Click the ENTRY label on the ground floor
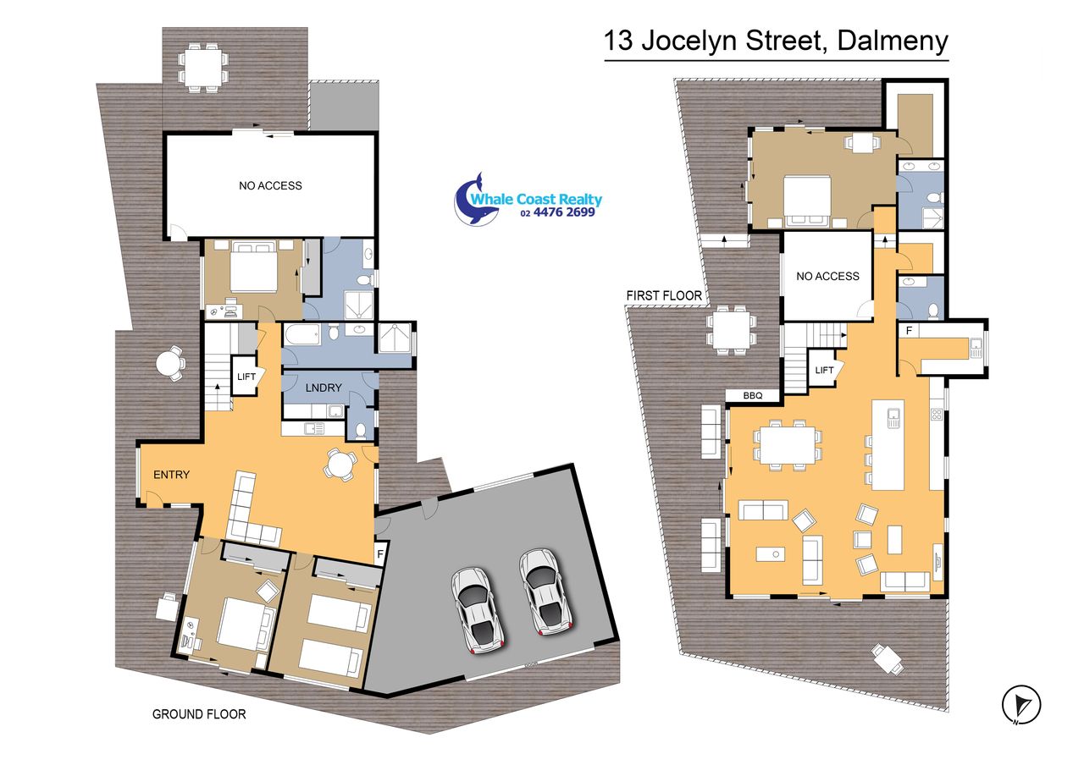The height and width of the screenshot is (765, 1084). pos(171,475)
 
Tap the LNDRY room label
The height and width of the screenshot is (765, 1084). pos(324,388)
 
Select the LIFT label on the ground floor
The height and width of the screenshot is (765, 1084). pos(246,377)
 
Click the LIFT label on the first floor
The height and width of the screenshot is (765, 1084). pos(824,371)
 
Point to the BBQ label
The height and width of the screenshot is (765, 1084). pos(753,395)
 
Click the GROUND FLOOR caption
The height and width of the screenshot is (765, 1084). pos(199,714)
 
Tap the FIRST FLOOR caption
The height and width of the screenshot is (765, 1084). pos(664,295)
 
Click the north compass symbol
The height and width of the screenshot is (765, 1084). pos(1021,705)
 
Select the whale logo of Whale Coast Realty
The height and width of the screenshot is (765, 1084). pos(477,199)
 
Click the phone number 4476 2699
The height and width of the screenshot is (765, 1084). pos(564,212)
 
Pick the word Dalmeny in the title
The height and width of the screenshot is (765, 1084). pos(893,41)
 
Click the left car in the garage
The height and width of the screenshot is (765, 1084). pos(478,610)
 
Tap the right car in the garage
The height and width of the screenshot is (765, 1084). pos(545,591)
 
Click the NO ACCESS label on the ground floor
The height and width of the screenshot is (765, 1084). pos(270,185)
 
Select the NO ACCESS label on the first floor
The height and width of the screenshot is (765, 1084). pos(827,276)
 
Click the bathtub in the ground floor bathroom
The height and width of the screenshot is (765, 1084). pos(302,334)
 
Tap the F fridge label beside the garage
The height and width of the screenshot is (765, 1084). pos(380,553)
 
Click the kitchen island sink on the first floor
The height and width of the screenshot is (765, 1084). pos(893,417)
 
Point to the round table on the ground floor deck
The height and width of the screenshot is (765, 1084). pos(168,363)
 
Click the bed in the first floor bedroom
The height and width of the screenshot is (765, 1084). pos(807,201)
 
